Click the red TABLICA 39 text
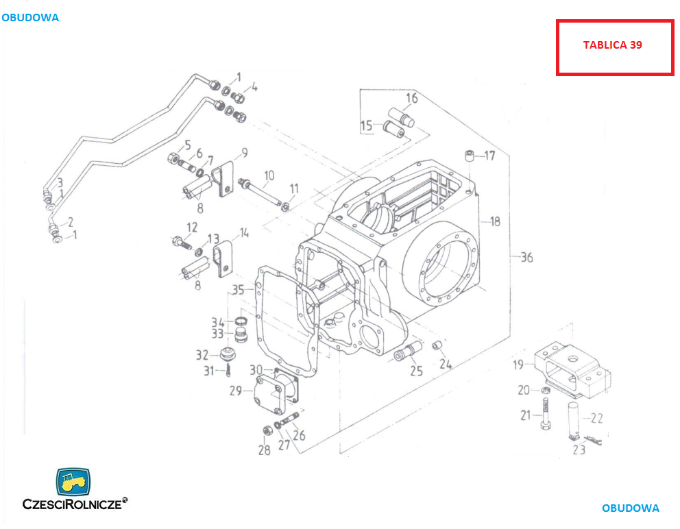click(x=612, y=45)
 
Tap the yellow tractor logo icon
click(x=73, y=482)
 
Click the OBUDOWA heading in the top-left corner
click(x=30, y=18)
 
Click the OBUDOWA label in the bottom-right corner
click(x=630, y=508)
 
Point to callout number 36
click(x=526, y=258)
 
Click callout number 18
click(x=494, y=221)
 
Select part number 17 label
click(x=489, y=156)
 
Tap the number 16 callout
click(x=411, y=98)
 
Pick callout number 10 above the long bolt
click(x=269, y=175)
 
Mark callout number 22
click(x=596, y=418)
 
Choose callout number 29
click(x=236, y=391)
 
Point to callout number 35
click(x=237, y=290)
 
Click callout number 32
click(x=202, y=355)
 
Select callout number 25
click(x=416, y=371)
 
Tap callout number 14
click(x=244, y=234)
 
